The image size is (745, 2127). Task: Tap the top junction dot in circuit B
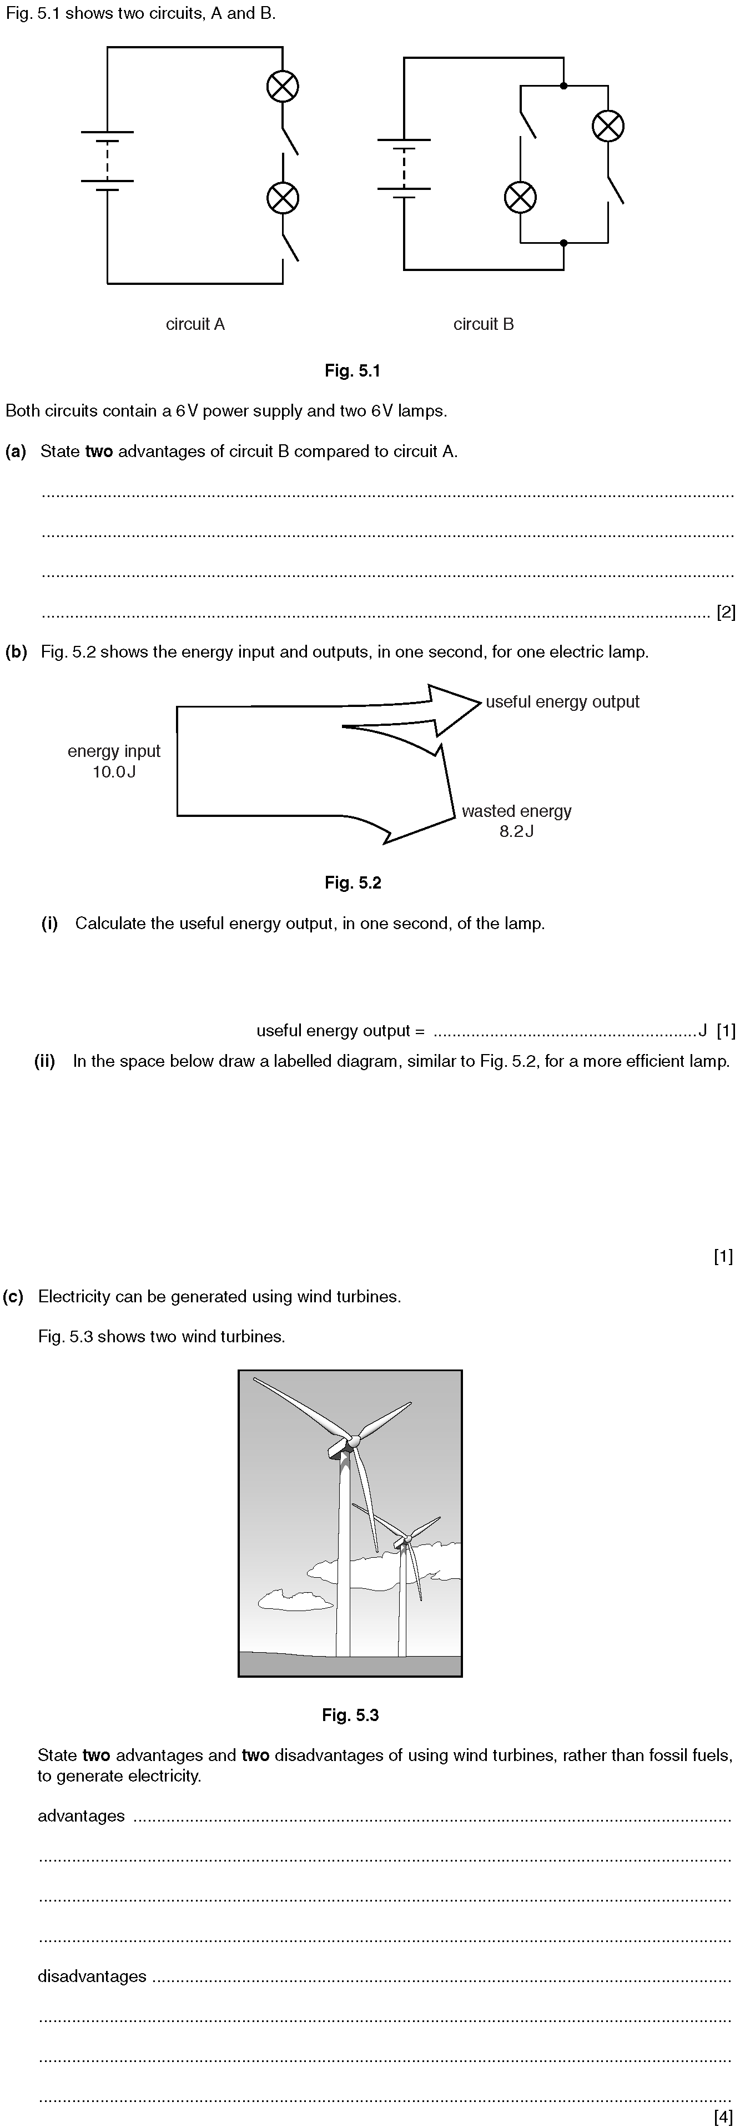click(x=563, y=85)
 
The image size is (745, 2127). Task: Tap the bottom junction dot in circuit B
click(x=563, y=243)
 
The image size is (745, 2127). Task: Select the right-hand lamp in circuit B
click(x=608, y=126)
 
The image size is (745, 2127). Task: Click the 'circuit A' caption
click(x=195, y=324)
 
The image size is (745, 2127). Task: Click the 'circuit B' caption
click(x=484, y=324)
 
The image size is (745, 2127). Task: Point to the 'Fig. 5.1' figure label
click(x=353, y=371)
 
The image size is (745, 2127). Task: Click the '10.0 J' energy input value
click(x=114, y=772)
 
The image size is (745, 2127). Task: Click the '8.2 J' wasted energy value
click(x=516, y=831)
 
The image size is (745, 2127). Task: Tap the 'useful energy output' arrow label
click(x=563, y=702)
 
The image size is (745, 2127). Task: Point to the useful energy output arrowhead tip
click(x=481, y=703)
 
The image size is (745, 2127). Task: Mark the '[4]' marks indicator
click(x=723, y=2116)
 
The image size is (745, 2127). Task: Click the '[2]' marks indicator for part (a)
click(x=726, y=612)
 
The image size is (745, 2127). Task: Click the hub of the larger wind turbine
click(x=354, y=1441)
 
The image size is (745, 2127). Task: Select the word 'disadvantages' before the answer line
click(x=92, y=1976)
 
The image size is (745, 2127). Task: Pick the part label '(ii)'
click(x=44, y=1061)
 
